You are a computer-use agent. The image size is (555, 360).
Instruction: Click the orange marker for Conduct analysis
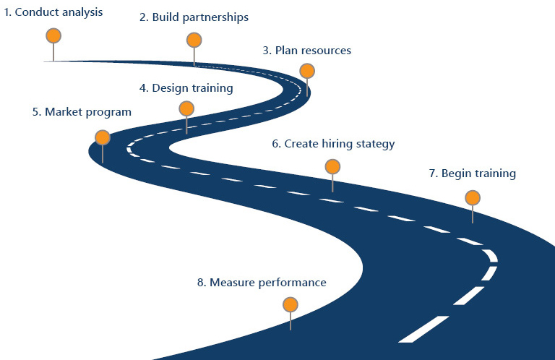point(53,35)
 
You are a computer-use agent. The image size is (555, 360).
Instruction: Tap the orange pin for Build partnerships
point(194,40)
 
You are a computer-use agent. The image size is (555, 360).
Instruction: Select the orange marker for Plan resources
point(307,71)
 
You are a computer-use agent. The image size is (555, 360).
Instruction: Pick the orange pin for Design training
point(186,108)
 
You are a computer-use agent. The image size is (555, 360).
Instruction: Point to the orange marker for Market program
point(103,137)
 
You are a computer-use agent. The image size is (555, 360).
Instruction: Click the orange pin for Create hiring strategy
point(332,167)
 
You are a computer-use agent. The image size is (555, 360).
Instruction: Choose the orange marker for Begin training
point(473,197)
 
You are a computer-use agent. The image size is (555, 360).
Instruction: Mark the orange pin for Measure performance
point(290,305)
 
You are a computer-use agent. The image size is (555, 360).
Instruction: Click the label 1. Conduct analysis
point(53,12)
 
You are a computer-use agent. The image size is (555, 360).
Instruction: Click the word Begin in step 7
point(456,173)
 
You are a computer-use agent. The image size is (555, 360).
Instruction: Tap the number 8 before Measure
point(200,282)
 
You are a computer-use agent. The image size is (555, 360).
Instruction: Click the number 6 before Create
point(275,144)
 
